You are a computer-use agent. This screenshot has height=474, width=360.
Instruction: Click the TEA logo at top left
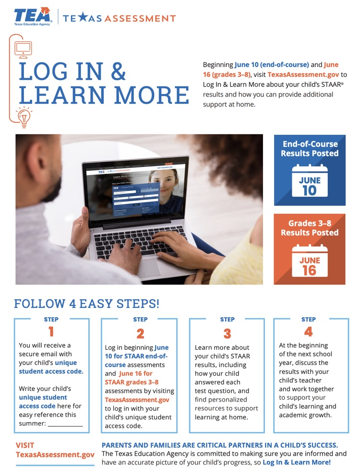[x=33, y=16]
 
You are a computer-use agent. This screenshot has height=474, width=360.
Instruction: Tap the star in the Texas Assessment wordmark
[x=83, y=18]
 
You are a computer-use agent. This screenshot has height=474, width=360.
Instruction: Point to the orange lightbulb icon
[x=24, y=117]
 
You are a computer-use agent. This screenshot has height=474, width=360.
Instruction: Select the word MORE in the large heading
[x=152, y=95]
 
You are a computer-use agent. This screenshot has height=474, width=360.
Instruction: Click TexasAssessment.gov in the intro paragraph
[x=303, y=75]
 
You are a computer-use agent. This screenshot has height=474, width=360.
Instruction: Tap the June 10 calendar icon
[x=310, y=180]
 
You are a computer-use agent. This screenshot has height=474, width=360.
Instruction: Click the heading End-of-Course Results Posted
[x=310, y=149]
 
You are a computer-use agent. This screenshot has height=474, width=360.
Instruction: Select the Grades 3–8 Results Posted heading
[x=310, y=228]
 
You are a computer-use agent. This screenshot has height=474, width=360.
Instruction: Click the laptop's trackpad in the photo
[x=149, y=268]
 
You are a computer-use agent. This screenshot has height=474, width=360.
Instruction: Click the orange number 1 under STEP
[x=51, y=332]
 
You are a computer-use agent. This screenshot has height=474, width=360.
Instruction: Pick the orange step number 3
[x=227, y=334]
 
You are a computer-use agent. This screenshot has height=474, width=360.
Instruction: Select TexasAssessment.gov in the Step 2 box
[x=137, y=400]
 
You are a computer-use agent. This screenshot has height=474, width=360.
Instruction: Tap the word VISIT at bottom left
[x=25, y=445]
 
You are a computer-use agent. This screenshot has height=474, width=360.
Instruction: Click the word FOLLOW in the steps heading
[x=40, y=304]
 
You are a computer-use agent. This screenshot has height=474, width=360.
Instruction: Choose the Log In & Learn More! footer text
[x=297, y=462]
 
